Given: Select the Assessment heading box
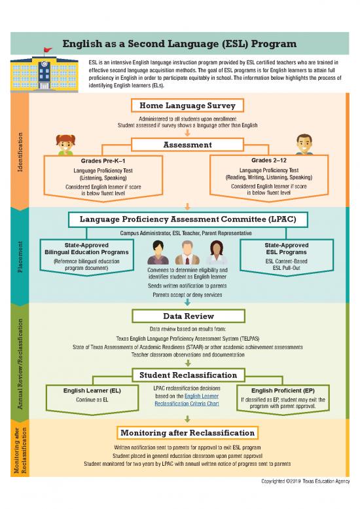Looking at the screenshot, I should [x=187, y=144].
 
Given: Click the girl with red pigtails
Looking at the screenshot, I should [x=65, y=146].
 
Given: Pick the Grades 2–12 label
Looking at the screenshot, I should [x=269, y=160].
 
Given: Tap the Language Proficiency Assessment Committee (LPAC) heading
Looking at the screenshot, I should [x=187, y=218].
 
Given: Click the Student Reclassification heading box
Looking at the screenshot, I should [x=187, y=375].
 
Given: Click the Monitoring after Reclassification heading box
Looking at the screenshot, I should [x=187, y=433].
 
